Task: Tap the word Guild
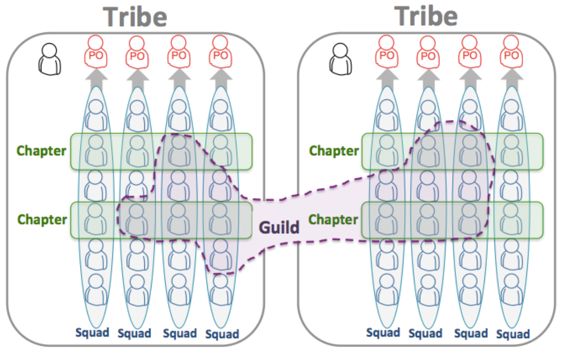pos(279,228)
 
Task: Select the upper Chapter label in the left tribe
pos(41,151)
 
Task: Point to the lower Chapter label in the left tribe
pos(41,220)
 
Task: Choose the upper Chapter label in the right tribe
pos(334,151)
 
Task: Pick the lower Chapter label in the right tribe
pos(333,220)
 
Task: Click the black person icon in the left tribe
pos(50,59)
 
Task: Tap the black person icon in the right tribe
pos(341,59)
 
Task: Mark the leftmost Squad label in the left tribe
pos(93,332)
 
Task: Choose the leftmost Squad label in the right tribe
pos(383,332)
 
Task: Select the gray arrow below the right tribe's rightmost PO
pos(512,78)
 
